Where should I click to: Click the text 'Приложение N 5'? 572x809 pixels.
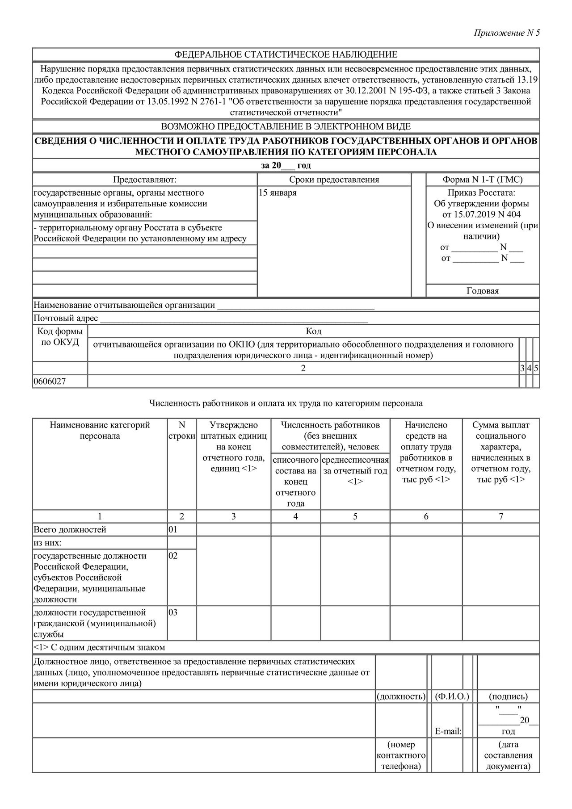(507, 33)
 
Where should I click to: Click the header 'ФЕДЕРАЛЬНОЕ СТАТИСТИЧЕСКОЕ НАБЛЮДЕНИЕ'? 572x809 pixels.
(286, 54)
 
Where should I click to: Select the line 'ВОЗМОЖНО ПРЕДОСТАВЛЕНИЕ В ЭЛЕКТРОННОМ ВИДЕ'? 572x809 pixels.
(286, 126)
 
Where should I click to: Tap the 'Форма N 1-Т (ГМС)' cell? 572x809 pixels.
(483, 180)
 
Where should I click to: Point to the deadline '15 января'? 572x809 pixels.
(278, 193)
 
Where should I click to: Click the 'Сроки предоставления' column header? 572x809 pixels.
(334, 180)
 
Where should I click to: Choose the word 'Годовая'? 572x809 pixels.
(483, 291)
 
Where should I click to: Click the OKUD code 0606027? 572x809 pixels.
(50, 381)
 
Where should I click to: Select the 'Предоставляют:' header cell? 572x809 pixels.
(145, 180)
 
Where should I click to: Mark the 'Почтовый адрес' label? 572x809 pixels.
(66, 318)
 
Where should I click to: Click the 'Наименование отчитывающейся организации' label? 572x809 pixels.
(124, 305)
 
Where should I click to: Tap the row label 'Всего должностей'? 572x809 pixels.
(70, 530)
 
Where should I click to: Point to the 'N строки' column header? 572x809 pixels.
(182, 431)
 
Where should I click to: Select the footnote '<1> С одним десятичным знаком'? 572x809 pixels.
(99, 648)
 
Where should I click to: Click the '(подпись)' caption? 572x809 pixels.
(508, 696)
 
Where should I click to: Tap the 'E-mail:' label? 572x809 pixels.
(448, 731)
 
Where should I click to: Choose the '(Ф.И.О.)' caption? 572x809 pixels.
(452, 696)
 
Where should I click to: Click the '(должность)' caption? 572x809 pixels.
(401, 696)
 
